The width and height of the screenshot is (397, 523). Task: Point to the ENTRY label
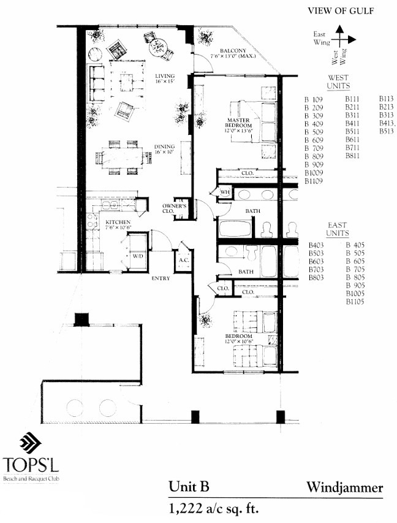[161, 279]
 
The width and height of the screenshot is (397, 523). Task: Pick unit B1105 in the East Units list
[357, 302]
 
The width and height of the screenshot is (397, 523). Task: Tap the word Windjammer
[346, 488]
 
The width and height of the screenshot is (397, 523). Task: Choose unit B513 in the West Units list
[387, 131]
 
